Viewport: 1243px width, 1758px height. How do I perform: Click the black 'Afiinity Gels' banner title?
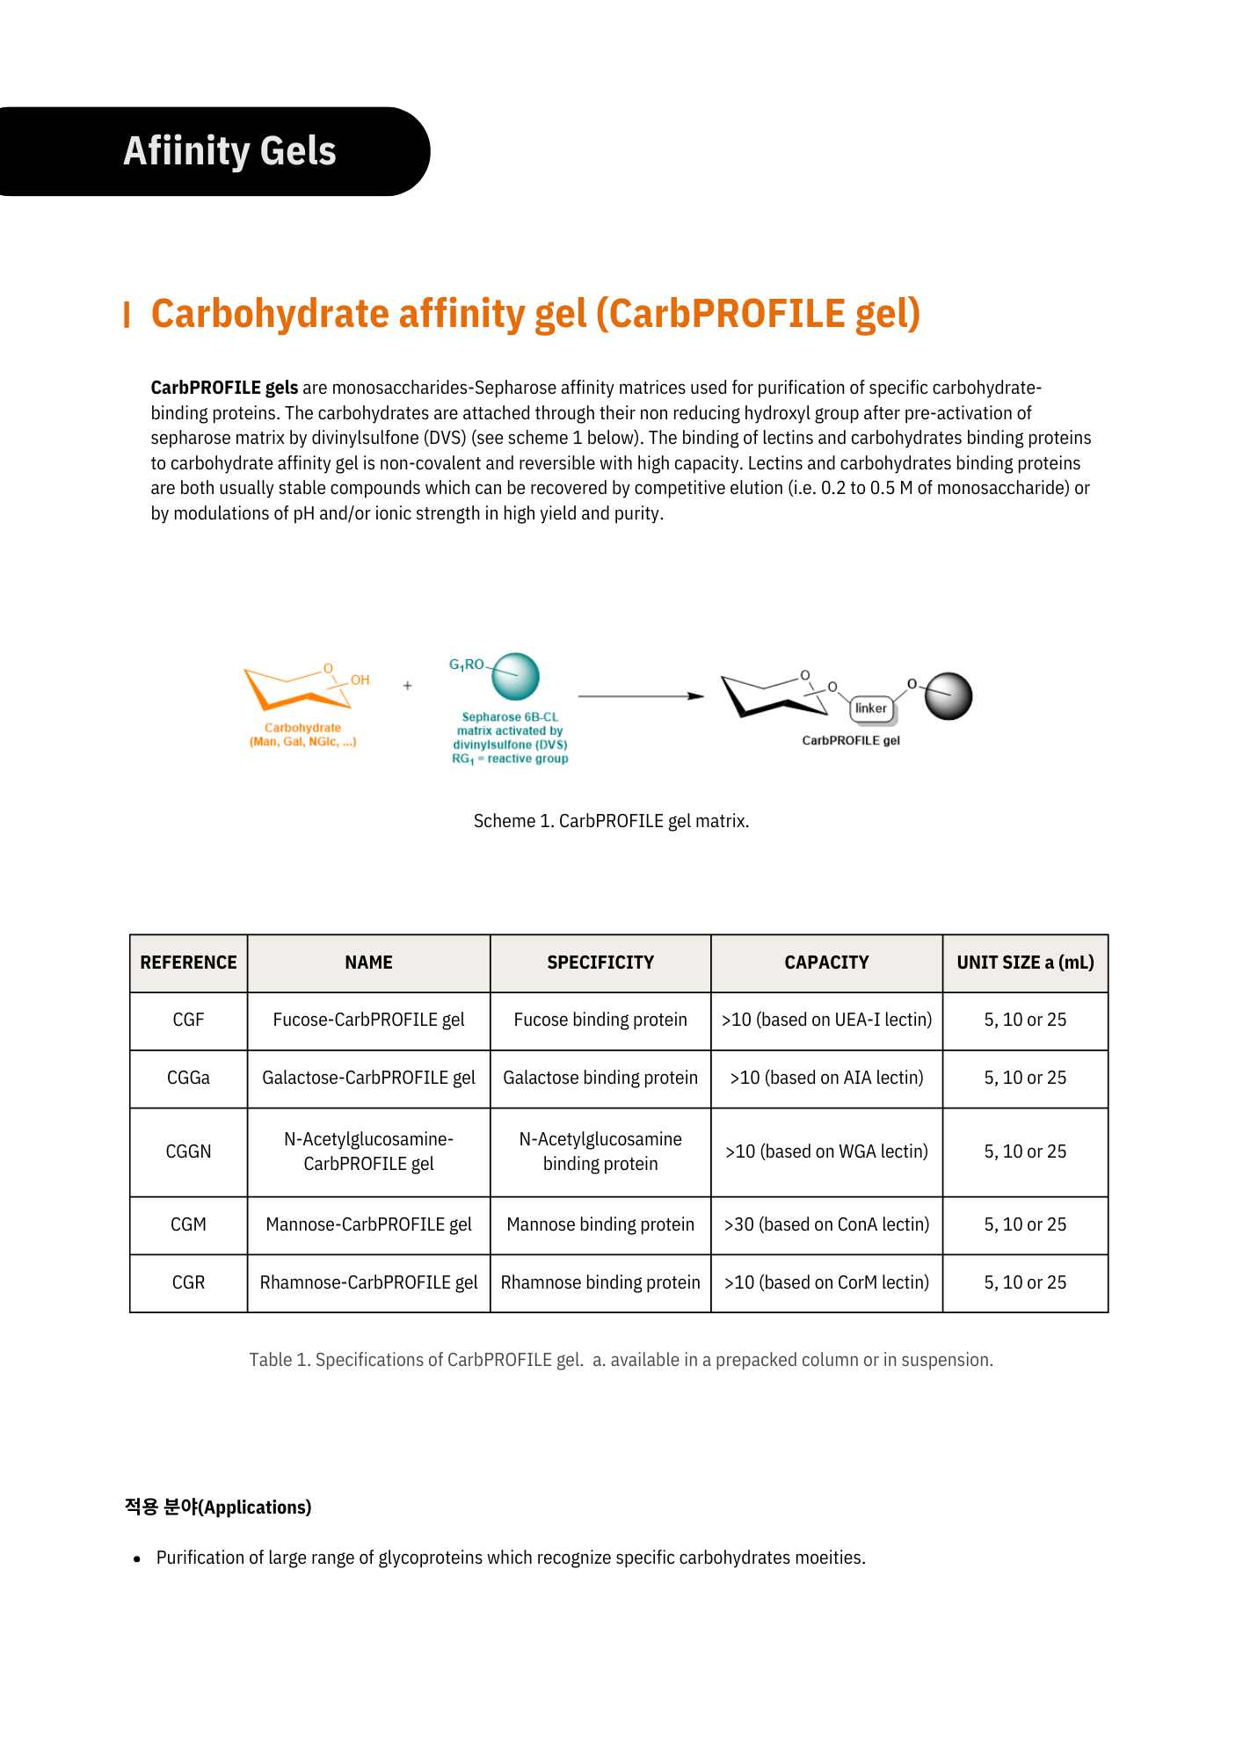point(229,151)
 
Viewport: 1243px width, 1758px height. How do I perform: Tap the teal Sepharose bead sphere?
point(515,676)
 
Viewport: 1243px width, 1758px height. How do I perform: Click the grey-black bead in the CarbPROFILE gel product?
point(949,696)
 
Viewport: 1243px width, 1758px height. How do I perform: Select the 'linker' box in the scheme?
point(871,708)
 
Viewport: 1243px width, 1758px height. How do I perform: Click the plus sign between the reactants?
point(407,686)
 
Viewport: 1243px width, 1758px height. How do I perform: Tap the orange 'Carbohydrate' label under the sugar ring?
point(302,728)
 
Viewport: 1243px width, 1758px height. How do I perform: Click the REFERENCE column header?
point(188,963)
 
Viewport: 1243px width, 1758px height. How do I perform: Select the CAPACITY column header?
point(826,963)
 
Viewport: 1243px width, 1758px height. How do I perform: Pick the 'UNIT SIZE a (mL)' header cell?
point(1025,963)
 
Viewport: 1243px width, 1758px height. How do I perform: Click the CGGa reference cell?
point(188,1078)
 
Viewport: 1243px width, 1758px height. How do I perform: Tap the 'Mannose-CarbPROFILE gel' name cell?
point(368,1224)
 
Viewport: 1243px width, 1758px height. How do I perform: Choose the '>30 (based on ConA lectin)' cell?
point(826,1224)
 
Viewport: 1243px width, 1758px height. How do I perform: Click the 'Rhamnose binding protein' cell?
point(600,1282)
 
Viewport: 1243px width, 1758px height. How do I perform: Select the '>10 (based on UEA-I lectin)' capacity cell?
point(826,1020)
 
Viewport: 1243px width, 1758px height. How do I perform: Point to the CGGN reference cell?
point(188,1151)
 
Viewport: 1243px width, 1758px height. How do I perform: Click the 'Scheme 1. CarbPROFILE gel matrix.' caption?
point(611,821)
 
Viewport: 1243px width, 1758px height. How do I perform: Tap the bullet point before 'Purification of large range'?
point(137,1559)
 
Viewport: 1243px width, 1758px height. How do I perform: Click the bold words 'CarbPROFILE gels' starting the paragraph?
point(224,388)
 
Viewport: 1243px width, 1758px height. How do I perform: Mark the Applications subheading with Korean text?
point(218,1507)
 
